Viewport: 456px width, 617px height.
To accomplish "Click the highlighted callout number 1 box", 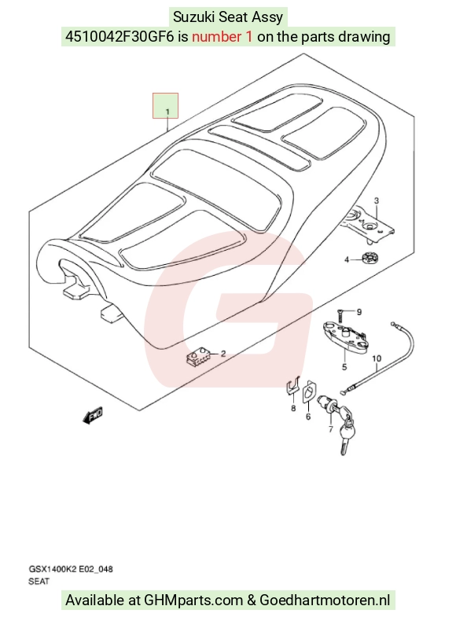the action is [x=166, y=105].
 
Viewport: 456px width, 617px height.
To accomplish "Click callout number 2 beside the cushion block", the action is [x=223, y=354].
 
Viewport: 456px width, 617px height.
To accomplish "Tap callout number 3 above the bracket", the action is [x=376, y=200].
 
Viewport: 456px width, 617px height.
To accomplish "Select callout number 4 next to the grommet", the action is [x=347, y=259].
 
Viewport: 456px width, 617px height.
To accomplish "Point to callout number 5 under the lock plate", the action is [x=344, y=367].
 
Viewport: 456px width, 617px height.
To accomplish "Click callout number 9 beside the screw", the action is [x=359, y=312].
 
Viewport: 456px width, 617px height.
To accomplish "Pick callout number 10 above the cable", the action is [x=377, y=358].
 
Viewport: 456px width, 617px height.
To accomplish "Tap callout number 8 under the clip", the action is [x=293, y=409].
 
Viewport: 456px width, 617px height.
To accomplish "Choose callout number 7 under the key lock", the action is [x=330, y=429].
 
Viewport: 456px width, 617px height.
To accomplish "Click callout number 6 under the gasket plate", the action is [x=308, y=417].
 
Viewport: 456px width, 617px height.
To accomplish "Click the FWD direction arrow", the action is [x=93, y=415].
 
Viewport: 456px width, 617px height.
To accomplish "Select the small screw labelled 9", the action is [x=340, y=314].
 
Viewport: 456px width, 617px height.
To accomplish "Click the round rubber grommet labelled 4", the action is [x=368, y=259].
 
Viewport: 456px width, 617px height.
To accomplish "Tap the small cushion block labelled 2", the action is [x=198, y=356].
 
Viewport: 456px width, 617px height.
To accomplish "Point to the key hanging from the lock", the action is [x=345, y=437].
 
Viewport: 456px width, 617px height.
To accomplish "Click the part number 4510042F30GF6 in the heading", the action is [x=120, y=37].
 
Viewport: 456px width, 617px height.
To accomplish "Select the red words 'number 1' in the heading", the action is [x=222, y=37].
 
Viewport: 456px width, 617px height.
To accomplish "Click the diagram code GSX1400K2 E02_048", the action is [x=71, y=569].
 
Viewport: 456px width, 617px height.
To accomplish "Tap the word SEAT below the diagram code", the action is [x=39, y=581].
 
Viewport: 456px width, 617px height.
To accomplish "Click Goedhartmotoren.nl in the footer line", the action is [x=325, y=600].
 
